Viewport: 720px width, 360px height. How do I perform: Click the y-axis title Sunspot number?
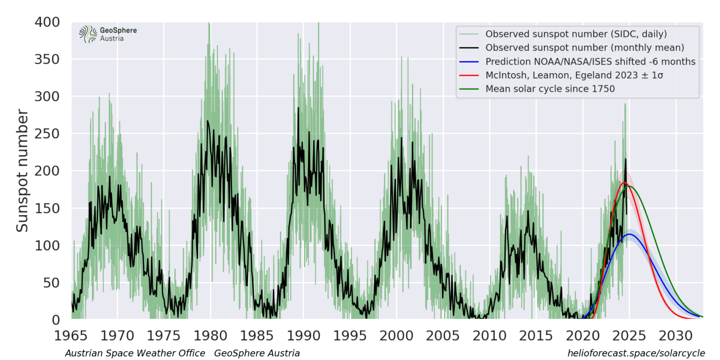pyautogui.click(x=22, y=171)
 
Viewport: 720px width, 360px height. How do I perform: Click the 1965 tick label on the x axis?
pyautogui.click(x=71, y=336)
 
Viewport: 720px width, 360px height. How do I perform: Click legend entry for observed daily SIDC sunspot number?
pyautogui.click(x=576, y=34)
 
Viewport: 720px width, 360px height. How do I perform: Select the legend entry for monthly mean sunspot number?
pyautogui.click(x=585, y=48)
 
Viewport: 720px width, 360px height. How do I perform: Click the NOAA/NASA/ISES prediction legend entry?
pyautogui.click(x=590, y=61)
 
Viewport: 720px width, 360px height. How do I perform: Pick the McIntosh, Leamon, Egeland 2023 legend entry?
pyautogui.click(x=576, y=75)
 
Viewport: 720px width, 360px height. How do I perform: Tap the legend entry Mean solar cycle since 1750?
pyautogui.click(x=550, y=89)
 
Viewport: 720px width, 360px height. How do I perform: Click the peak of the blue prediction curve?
pyautogui.click(x=629, y=234)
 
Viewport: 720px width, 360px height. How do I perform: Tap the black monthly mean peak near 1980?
pyautogui.click(x=208, y=121)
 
